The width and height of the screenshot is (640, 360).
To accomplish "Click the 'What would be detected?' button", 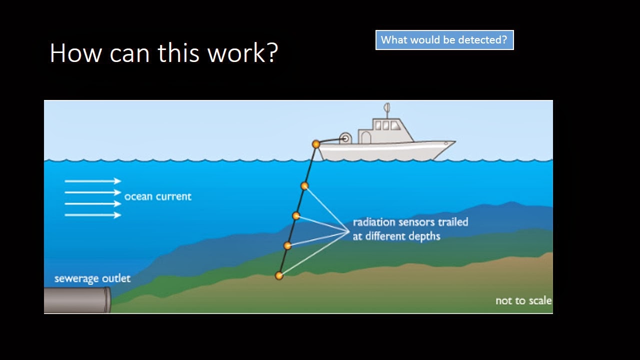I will (444, 40).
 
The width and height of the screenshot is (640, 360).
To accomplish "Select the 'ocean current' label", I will (157, 196).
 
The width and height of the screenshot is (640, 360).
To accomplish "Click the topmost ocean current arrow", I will (93, 181).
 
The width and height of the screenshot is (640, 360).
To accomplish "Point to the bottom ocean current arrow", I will (93, 215).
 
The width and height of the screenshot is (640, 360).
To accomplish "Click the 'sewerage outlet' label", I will (92, 278).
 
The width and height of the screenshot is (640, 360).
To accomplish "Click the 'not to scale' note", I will (523, 300).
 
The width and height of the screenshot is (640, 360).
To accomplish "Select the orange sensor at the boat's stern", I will (316, 144).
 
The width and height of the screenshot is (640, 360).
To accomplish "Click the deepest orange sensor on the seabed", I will (279, 275).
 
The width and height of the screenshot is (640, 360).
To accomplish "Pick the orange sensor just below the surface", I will (304, 186).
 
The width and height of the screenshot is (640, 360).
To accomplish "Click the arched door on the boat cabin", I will (365, 137).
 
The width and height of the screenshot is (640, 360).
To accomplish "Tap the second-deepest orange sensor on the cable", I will (287, 245).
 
